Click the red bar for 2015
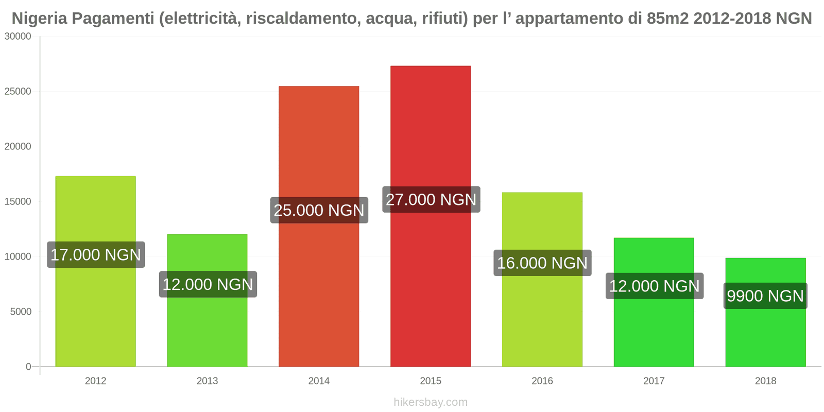[431, 283]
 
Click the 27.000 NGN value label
[431, 199]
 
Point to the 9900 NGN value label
[765, 296]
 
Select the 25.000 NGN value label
[319, 210]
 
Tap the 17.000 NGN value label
[96, 254]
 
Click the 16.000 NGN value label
[542, 263]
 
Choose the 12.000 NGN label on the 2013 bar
[208, 284]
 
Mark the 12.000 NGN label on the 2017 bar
[654, 286]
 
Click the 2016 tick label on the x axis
[542, 381]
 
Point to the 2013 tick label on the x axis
[207, 381]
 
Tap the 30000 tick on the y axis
[18, 37]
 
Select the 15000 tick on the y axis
[18, 201]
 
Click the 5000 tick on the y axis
[21, 312]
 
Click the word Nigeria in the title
[39, 19]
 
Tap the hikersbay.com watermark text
[431, 402]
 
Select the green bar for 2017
[654, 335]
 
